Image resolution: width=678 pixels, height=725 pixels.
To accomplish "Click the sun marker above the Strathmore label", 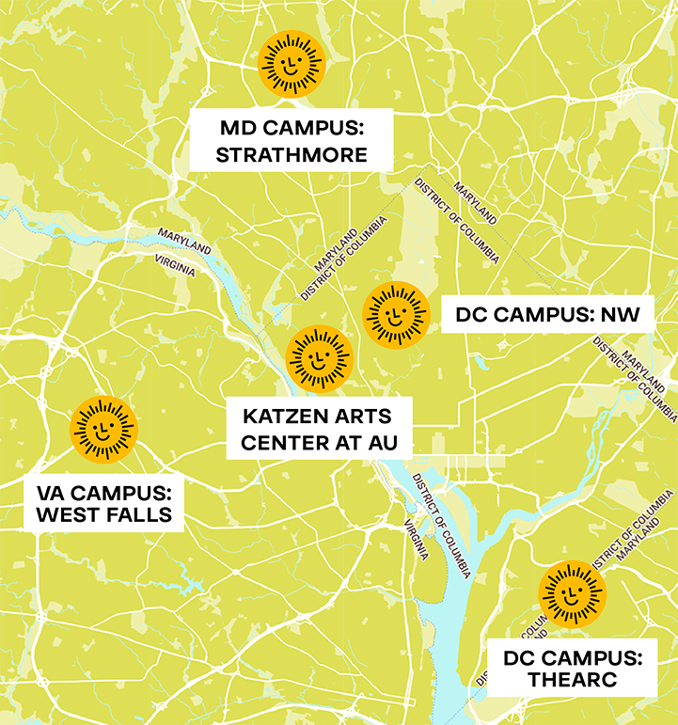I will [292, 63].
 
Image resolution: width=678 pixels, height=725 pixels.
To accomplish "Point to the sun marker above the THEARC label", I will [572, 594].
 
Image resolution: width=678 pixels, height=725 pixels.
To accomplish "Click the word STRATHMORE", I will [292, 155].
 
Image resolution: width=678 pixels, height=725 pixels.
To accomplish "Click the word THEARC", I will [572, 680].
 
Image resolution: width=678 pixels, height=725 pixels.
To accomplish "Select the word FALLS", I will [139, 514].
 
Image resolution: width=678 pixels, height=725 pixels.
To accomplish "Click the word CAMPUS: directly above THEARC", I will [594, 656].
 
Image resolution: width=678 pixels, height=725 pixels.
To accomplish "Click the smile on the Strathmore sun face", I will [292, 70].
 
